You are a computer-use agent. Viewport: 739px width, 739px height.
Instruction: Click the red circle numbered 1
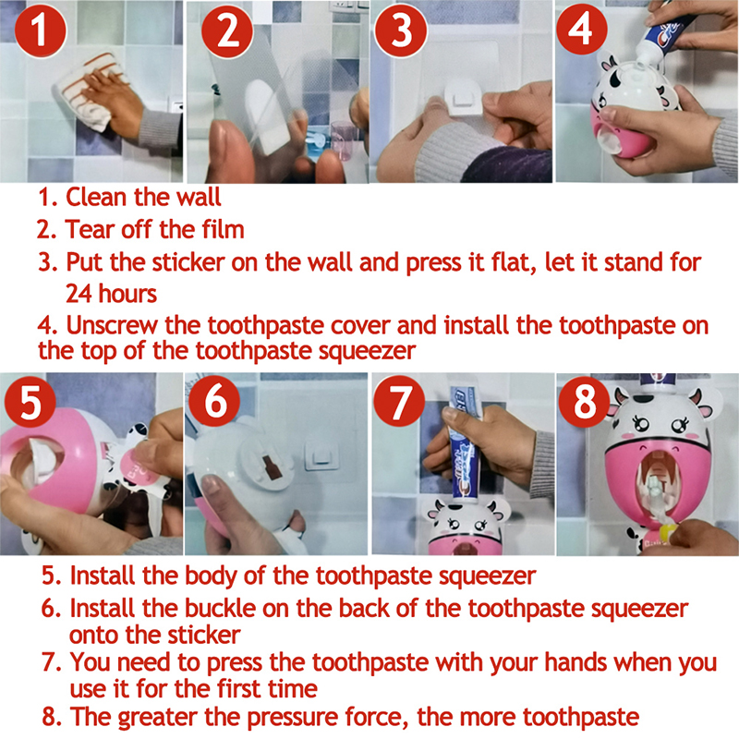point(40,30)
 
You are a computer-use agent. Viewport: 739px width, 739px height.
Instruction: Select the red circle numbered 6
point(214,402)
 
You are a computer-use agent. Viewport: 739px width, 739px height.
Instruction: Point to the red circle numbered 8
point(585,402)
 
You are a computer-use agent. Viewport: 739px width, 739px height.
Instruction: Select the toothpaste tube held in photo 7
point(465,443)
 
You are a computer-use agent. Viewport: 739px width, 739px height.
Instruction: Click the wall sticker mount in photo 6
point(321,454)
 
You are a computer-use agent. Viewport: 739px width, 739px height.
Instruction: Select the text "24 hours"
point(111,294)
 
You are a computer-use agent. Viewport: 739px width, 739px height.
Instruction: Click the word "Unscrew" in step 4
point(112,325)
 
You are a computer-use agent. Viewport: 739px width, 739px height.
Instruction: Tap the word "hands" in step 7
point(575,661)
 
